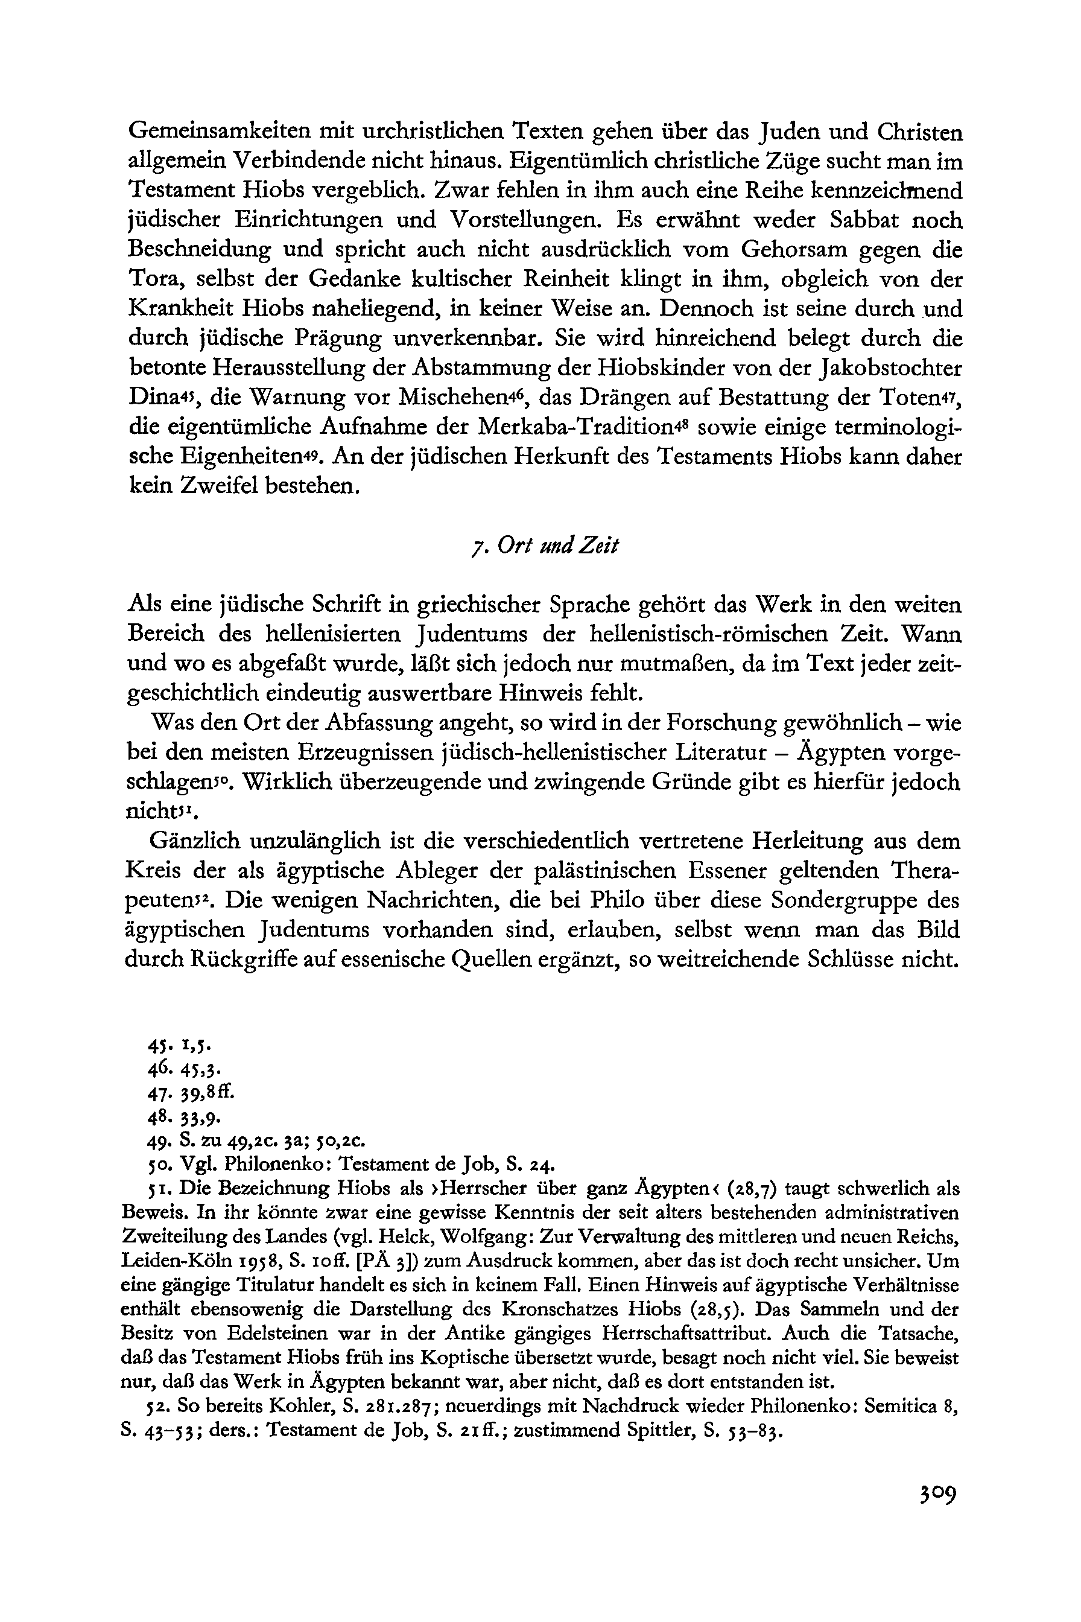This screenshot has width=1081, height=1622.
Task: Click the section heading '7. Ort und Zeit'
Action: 541,547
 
